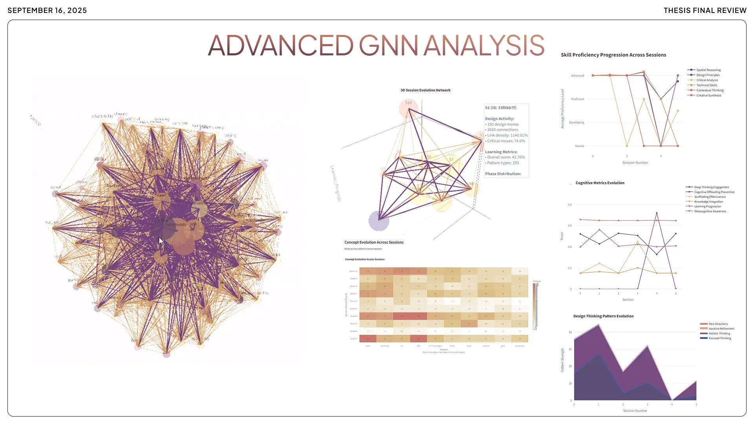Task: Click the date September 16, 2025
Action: (47, 11)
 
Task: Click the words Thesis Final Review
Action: (705, 11)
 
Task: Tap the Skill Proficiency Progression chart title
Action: (613, 55)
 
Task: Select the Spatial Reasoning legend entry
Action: (708, 70)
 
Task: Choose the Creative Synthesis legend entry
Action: (708, 95)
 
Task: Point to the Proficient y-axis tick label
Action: (577, 99)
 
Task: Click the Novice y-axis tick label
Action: (579, 146)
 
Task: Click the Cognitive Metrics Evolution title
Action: (600, 183)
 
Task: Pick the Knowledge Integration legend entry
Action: (708, 202)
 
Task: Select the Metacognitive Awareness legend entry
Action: (710, 211)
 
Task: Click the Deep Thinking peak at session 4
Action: (657, 213)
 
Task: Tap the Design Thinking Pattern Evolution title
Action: (603, 316)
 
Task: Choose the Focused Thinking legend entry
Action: (719, 338)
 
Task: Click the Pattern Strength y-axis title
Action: (562, 360)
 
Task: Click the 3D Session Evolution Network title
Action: (425, 90)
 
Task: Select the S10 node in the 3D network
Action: (408, 103)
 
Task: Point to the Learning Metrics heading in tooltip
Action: (501, 152)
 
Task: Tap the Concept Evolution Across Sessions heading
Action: (374, 242)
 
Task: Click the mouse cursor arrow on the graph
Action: (161, 241)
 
